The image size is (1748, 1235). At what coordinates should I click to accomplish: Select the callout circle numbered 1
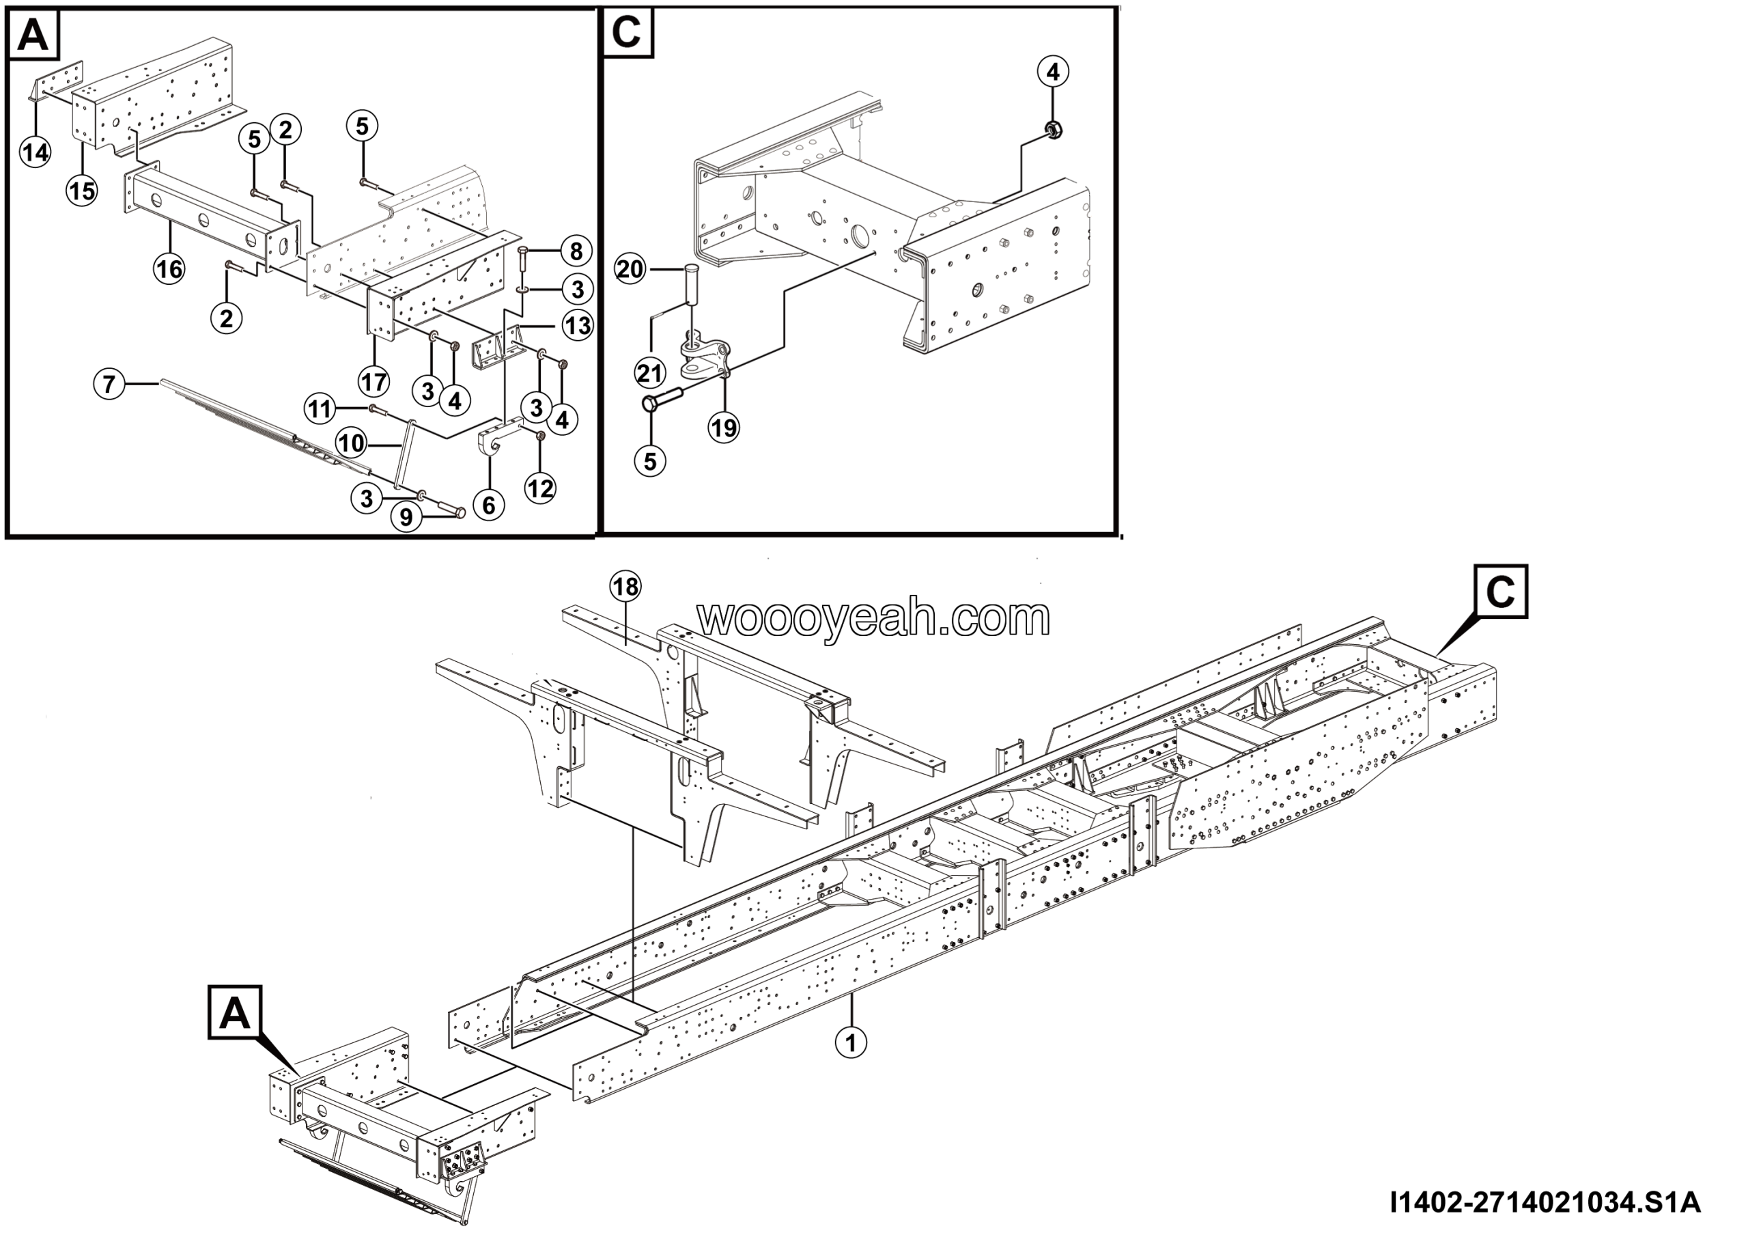(x=851, y=1041)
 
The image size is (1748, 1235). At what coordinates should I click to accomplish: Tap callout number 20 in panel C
(x=630, y=270)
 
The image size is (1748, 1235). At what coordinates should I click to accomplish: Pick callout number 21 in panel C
(x=650, y=373)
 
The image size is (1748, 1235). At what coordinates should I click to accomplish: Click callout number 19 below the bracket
(x=724, y=427)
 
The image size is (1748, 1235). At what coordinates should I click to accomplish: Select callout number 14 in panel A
(x=35, y=152)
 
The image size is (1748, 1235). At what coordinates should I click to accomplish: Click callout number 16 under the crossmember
(x=169, y=268)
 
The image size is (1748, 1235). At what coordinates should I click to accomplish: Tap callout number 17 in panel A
(x=373, y=380)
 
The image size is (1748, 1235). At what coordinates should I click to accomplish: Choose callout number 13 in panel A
(x=577, y=326)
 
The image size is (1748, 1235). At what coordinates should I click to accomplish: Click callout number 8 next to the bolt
(x=576, y=251)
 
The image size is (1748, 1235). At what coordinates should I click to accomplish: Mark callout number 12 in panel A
(x=541, y=488)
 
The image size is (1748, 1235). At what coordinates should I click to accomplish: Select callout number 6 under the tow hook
(x=489, y=505)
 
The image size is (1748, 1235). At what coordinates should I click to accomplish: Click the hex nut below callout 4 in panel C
(x=1054, y=131)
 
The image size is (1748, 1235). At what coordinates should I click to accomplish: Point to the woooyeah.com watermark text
(x=873, y=617)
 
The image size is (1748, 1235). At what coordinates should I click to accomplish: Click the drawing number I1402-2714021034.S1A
(x=1545, y=1203)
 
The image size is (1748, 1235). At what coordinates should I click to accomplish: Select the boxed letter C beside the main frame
(x=1500, y=591)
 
